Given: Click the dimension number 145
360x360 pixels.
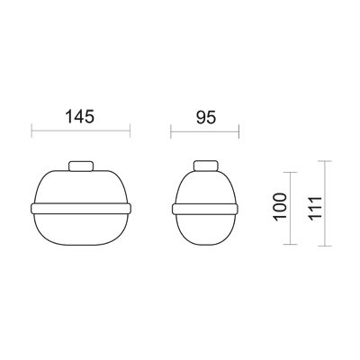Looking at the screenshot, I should pos(81,116).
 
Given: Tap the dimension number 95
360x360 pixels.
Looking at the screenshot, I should pos(207,116).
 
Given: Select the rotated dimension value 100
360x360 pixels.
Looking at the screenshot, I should pos(279,209).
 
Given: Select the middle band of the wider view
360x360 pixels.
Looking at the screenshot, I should pos(82,209).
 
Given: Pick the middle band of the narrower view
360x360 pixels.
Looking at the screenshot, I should pos(206,209).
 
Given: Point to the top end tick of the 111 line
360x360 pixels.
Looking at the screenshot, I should pos(329,162).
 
